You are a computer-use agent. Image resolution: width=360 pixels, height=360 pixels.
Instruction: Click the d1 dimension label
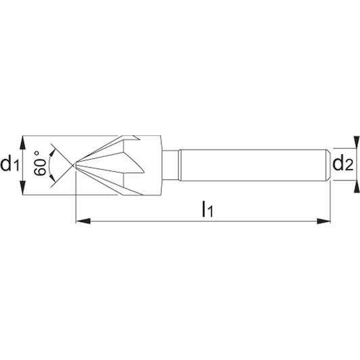click(x=9, y=164)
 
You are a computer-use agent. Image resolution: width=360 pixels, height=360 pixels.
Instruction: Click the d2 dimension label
click(x=343, y=163)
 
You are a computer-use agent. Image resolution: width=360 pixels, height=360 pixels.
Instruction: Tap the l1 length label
click(x=208, y=209)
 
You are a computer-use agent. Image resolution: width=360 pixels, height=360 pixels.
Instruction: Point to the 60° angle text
click(x=40, y=163)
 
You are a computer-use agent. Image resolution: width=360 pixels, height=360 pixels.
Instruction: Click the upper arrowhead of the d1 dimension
click(x=22, y=143)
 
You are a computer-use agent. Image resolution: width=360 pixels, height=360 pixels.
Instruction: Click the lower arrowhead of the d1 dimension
click(x=22, y=188)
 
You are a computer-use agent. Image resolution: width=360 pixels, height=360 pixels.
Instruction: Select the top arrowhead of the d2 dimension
click(x=356, y=142)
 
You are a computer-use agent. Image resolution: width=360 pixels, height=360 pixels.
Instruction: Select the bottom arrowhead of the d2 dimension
click(x=356, y=187)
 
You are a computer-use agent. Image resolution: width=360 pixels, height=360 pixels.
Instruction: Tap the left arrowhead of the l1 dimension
click(x=83, y=221)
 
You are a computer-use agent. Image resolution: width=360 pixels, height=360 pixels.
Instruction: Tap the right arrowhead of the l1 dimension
click(x=323, y=221)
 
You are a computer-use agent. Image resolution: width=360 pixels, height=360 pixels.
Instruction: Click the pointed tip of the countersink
click(x=74, y=165)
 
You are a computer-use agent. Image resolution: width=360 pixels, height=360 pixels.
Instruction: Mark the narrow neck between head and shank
click(x=171, y=165)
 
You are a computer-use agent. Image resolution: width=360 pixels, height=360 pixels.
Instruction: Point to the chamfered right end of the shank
click(x=329, y=165)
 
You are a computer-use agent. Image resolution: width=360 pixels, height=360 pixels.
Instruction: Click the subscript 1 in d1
click(x=16, y=166)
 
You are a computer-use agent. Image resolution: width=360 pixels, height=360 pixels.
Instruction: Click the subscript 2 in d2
click(x=349, y=165)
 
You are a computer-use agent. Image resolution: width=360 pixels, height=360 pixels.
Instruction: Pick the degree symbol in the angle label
click(x=37, y=153)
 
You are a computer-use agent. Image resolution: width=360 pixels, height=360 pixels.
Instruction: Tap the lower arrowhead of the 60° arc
click(x=53, y=178)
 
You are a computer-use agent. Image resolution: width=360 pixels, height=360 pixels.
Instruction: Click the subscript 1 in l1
click(x=210, y=211)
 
